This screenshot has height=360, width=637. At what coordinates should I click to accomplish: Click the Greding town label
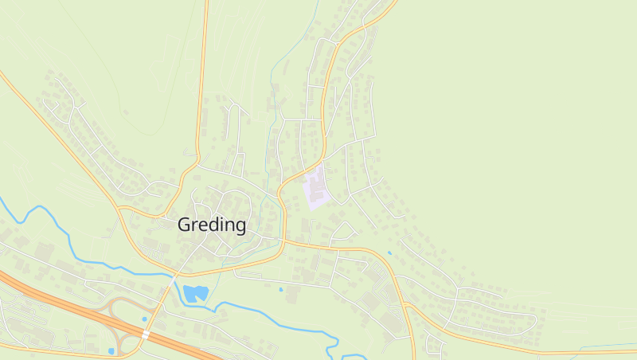[212, 225]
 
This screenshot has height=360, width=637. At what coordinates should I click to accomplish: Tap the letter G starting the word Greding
[184, 225]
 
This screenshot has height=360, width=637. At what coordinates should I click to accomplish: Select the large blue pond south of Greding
[195, 293]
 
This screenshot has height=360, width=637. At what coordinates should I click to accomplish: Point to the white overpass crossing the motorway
[146, 335]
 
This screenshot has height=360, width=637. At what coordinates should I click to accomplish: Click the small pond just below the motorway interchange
[111, 350]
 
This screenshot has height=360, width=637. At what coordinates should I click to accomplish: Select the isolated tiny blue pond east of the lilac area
[389, 253]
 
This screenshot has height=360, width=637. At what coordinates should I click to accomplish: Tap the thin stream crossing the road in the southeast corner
[593, 347]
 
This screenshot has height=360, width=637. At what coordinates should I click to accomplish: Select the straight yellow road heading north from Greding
[201, 80]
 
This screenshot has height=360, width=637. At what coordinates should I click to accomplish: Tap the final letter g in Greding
[240, 227]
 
